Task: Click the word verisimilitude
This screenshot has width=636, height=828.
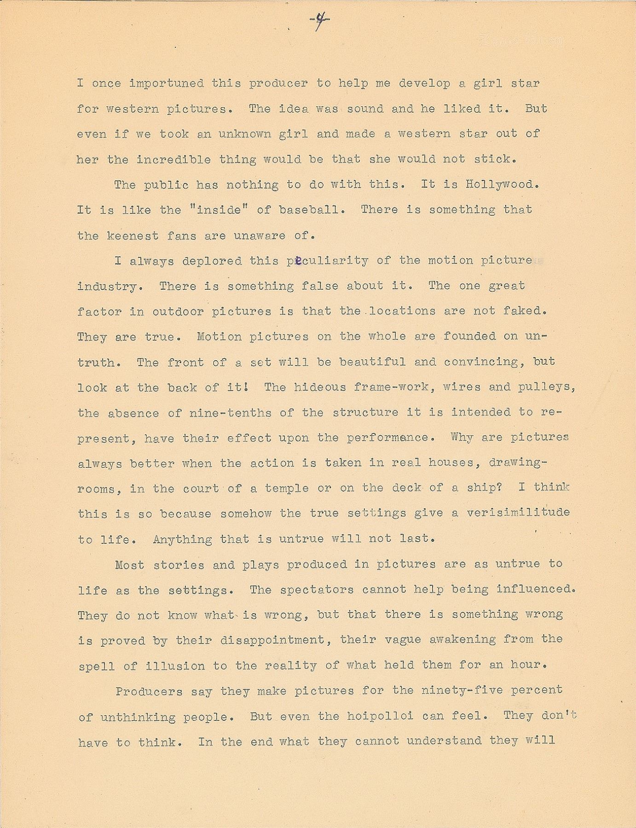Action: click(518, 512)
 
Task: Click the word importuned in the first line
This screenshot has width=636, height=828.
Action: click(166, 83)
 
